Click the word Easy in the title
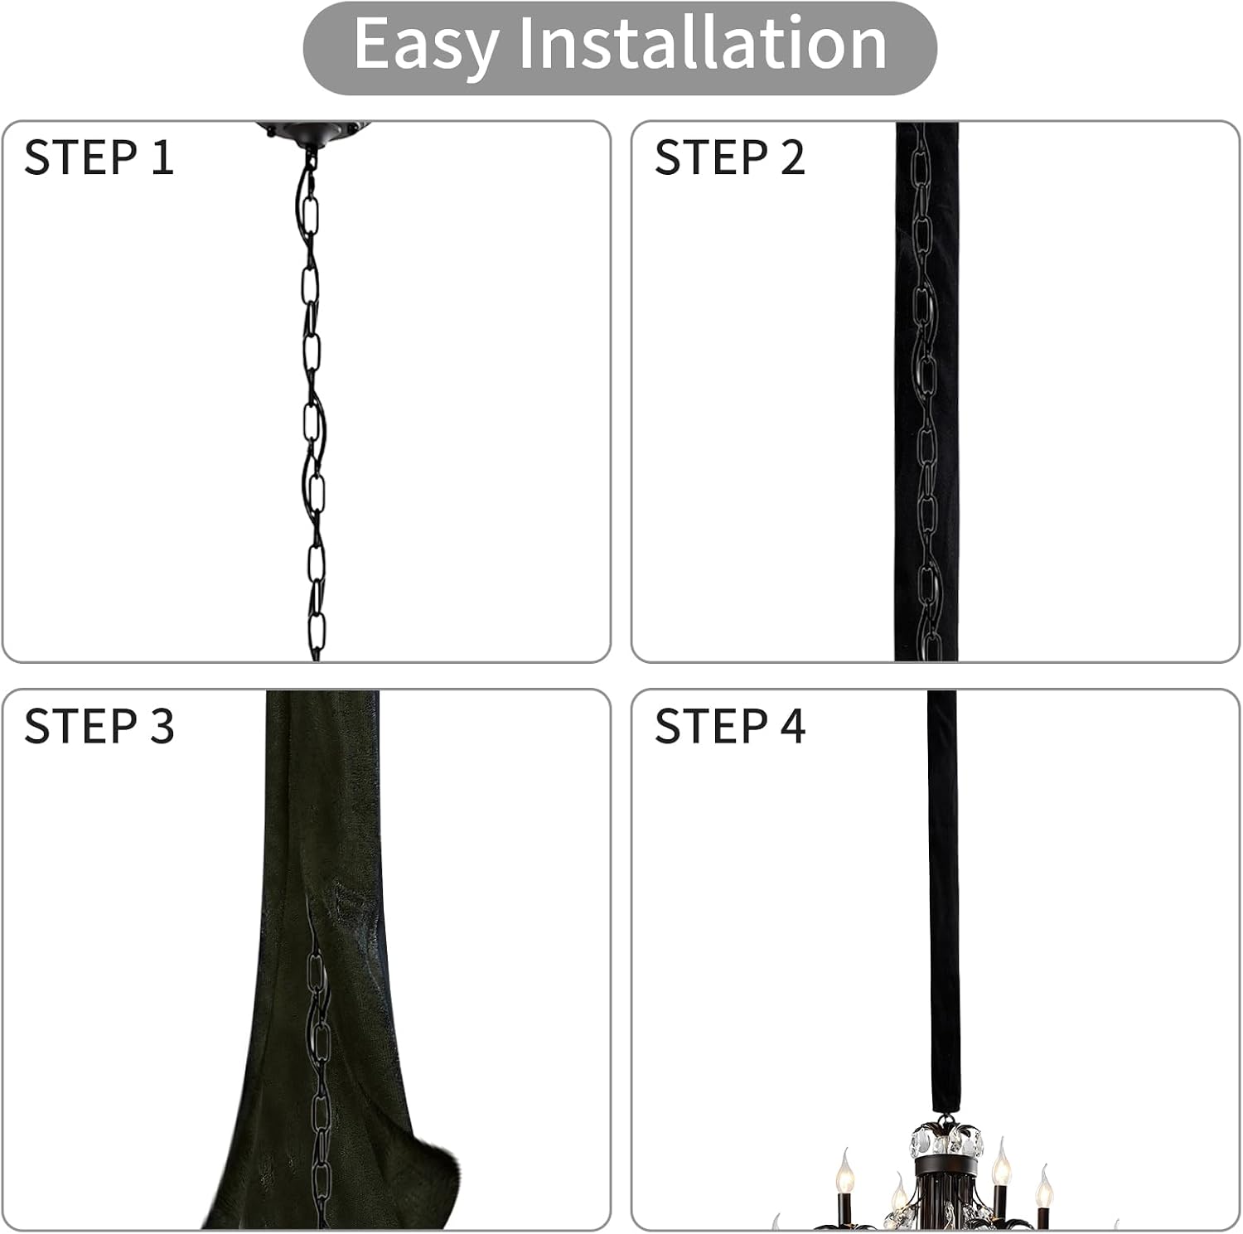pos(424,46)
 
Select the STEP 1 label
pos(99,157)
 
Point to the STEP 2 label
pos(729,157)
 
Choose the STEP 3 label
pos(99,726)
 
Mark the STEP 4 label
pos(729,726)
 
